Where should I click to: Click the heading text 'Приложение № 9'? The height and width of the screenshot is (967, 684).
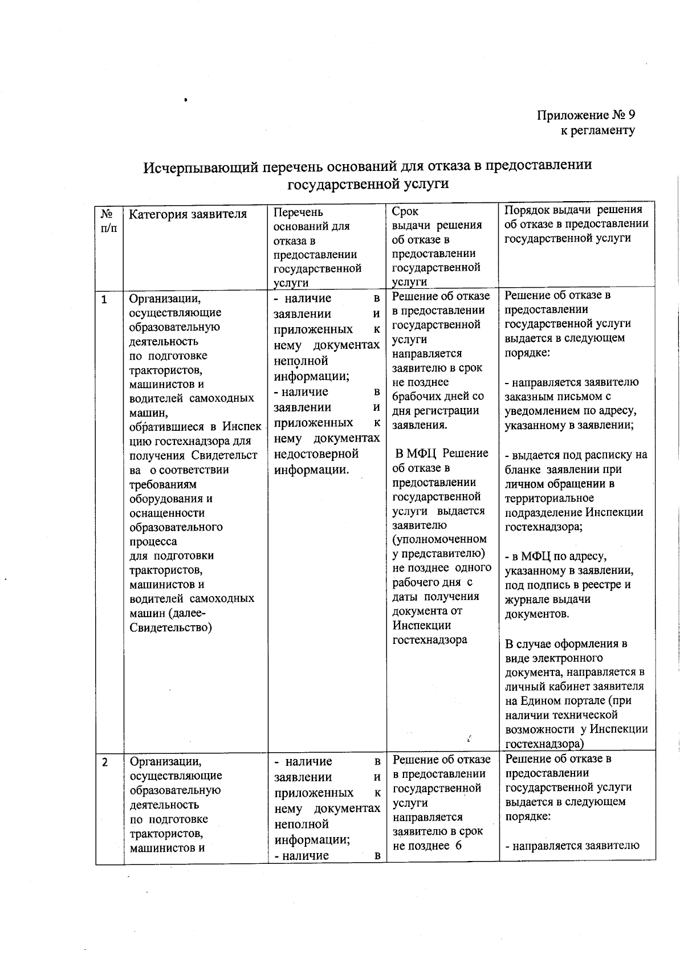click(586, 115)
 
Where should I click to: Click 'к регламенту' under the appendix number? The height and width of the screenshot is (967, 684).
click(597, 130)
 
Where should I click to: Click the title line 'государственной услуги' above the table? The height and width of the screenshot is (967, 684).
click(368, 183)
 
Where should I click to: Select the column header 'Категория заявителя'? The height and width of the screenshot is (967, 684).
click(188, 214)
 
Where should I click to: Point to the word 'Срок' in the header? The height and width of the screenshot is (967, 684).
click(405, 211)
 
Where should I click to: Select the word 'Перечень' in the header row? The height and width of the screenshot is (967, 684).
click(298, 212)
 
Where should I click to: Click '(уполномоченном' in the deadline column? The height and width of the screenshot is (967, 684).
click(439, 539)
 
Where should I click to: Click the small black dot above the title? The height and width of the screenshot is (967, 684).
click(186, 100)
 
